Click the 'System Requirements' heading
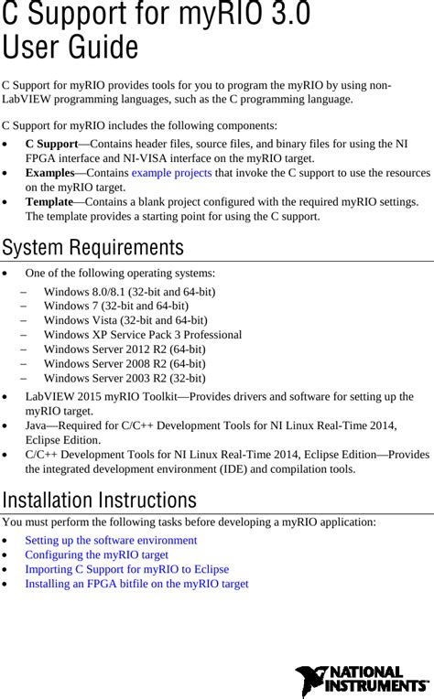(x=92, y=248)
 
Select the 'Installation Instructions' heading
(x=99, y=500)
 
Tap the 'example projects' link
(x=171, y=173)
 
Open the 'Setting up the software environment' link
(x=111, y=540)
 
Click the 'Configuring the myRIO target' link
(x=96, y=554)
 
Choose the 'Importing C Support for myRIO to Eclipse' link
(x=126, y=569)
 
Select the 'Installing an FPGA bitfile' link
(x=136, y=584)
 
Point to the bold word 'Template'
(x=49, y=201)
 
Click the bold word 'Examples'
(x=49, y=173)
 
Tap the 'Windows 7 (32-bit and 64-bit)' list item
(x=115, y=306)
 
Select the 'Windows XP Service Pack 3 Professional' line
(x=142, y=335)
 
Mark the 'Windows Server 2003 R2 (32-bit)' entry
(x=124, y=378)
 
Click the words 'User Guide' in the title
(x=71, y=48)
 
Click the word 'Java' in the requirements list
(x=38, y=425)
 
